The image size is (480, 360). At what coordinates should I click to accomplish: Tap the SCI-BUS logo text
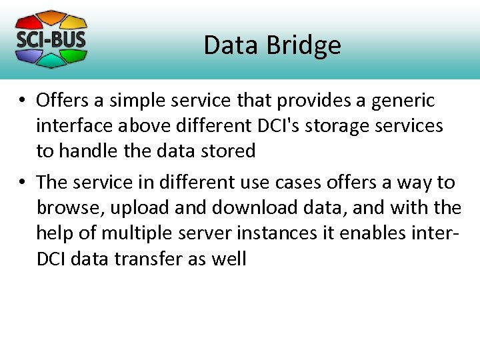(51, 39)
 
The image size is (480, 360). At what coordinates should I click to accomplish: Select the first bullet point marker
(22, 101)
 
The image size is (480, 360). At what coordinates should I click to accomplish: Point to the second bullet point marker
(22, 183)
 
